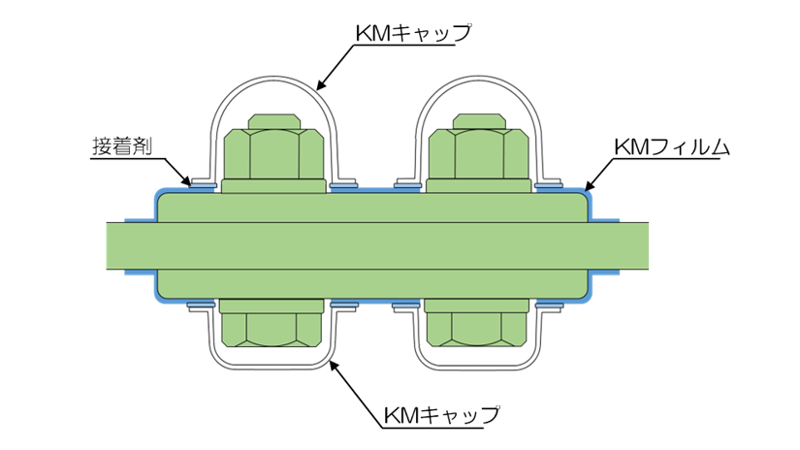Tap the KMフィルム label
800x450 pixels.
click(x=676, y=148)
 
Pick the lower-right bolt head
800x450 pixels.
click(x=474, y=330)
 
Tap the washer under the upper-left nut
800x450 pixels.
click(x=273, y=187)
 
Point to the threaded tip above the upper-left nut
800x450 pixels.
click(x=273, y=121)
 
